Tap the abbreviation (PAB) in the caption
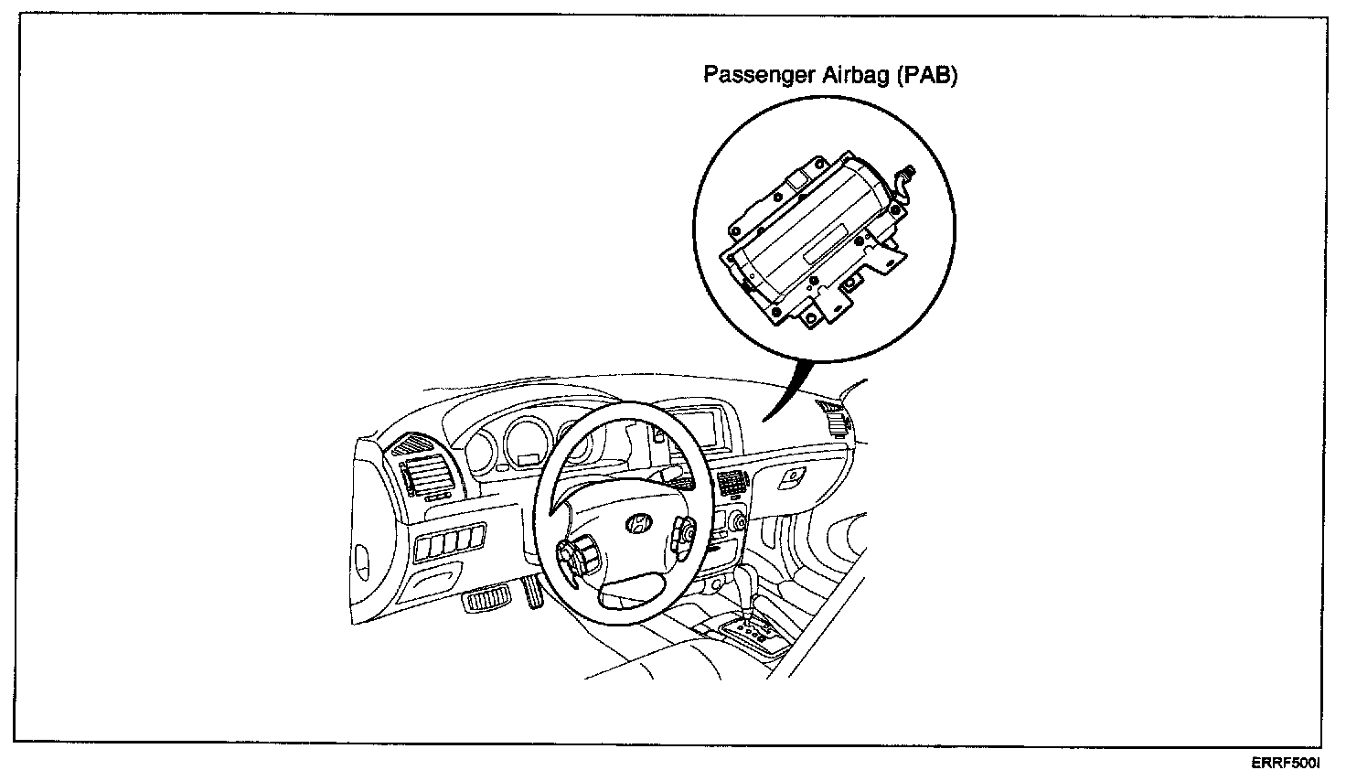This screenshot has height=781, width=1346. (x=926, y=76)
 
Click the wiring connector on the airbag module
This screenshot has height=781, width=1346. (x=908, y=174)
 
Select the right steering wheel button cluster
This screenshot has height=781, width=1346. (x=684, y=537)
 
